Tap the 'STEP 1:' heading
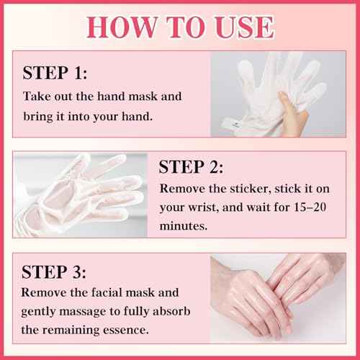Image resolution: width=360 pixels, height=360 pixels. tap(55, 73)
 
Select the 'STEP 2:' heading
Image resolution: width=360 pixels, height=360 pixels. tap(191, 168)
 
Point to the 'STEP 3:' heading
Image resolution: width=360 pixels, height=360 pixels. tap(55, 272)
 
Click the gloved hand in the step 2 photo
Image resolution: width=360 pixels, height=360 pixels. tap(79, 191)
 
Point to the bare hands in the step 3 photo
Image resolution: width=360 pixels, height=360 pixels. tap(277, 295)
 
